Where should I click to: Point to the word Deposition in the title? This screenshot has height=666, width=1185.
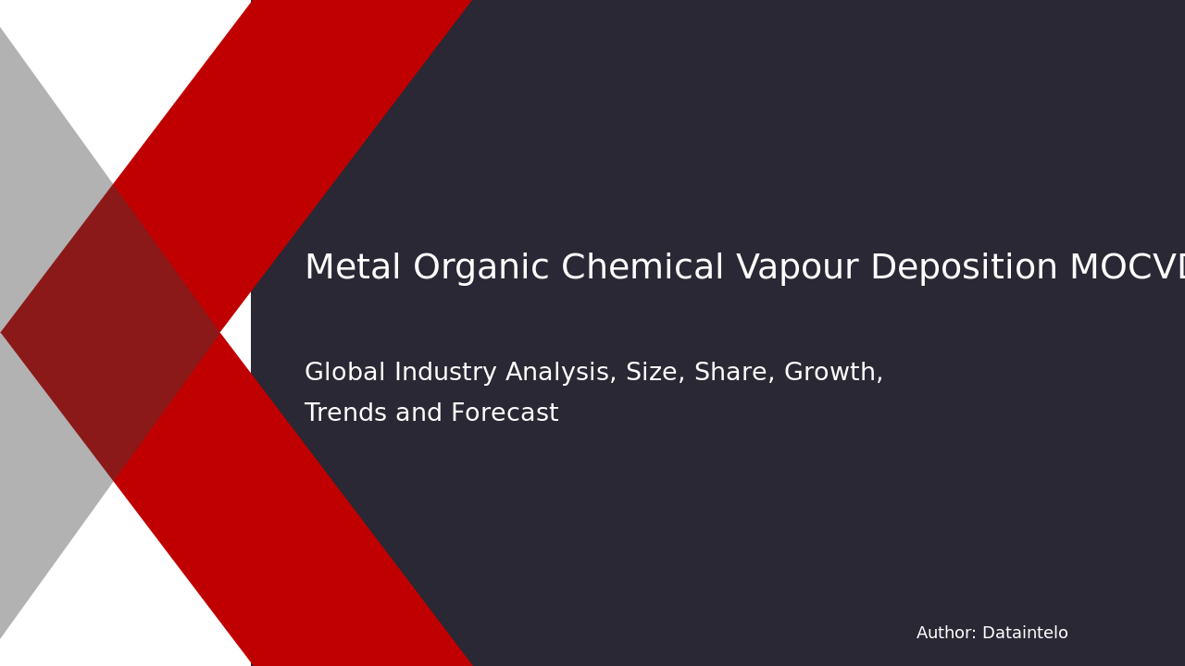coord(963,269)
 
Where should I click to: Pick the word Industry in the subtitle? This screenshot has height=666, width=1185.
coord(435,373)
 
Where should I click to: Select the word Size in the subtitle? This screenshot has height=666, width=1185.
coord(651,373)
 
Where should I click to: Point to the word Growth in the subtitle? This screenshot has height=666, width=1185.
coord(832,373)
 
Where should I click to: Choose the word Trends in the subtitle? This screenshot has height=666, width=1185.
coord(345,413)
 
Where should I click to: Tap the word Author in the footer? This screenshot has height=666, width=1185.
coord(945,634)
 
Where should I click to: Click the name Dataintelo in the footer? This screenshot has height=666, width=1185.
coord(1025,634)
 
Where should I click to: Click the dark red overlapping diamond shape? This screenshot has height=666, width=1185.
coord(111,333)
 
